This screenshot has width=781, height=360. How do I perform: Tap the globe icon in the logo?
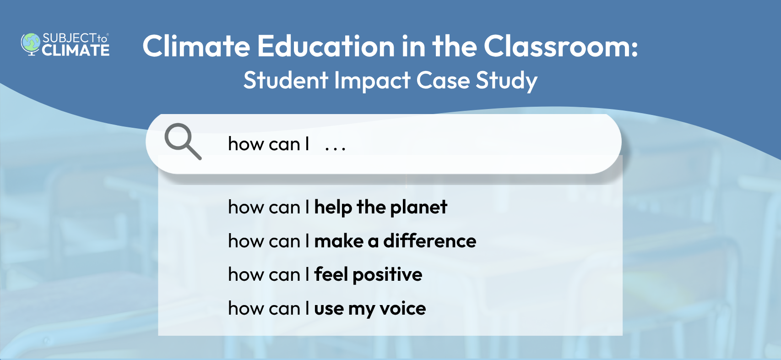tap(31, 44)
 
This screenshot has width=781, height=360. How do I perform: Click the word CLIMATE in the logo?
tap(76, 50)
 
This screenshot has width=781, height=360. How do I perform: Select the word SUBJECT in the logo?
tap(69, 38)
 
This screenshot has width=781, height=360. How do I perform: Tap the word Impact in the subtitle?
tap(372, 81)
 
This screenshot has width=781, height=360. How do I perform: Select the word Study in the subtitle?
tap(506, 81)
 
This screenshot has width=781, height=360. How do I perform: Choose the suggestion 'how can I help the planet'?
tap(337, 207)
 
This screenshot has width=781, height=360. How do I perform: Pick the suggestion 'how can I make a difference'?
tap(352, 241)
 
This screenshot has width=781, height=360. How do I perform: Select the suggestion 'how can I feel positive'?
tap(325, 275)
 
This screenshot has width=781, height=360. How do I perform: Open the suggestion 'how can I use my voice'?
tap(327, 309)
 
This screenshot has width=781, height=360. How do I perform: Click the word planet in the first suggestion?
tap(418, 207)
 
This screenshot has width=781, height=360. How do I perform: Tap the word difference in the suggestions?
tap(429, 241)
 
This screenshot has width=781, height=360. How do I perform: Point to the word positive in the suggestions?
tap(387, 275)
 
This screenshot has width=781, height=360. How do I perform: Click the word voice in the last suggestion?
tap(402, 309)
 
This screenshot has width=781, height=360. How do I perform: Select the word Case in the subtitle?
tap(443, 81)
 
